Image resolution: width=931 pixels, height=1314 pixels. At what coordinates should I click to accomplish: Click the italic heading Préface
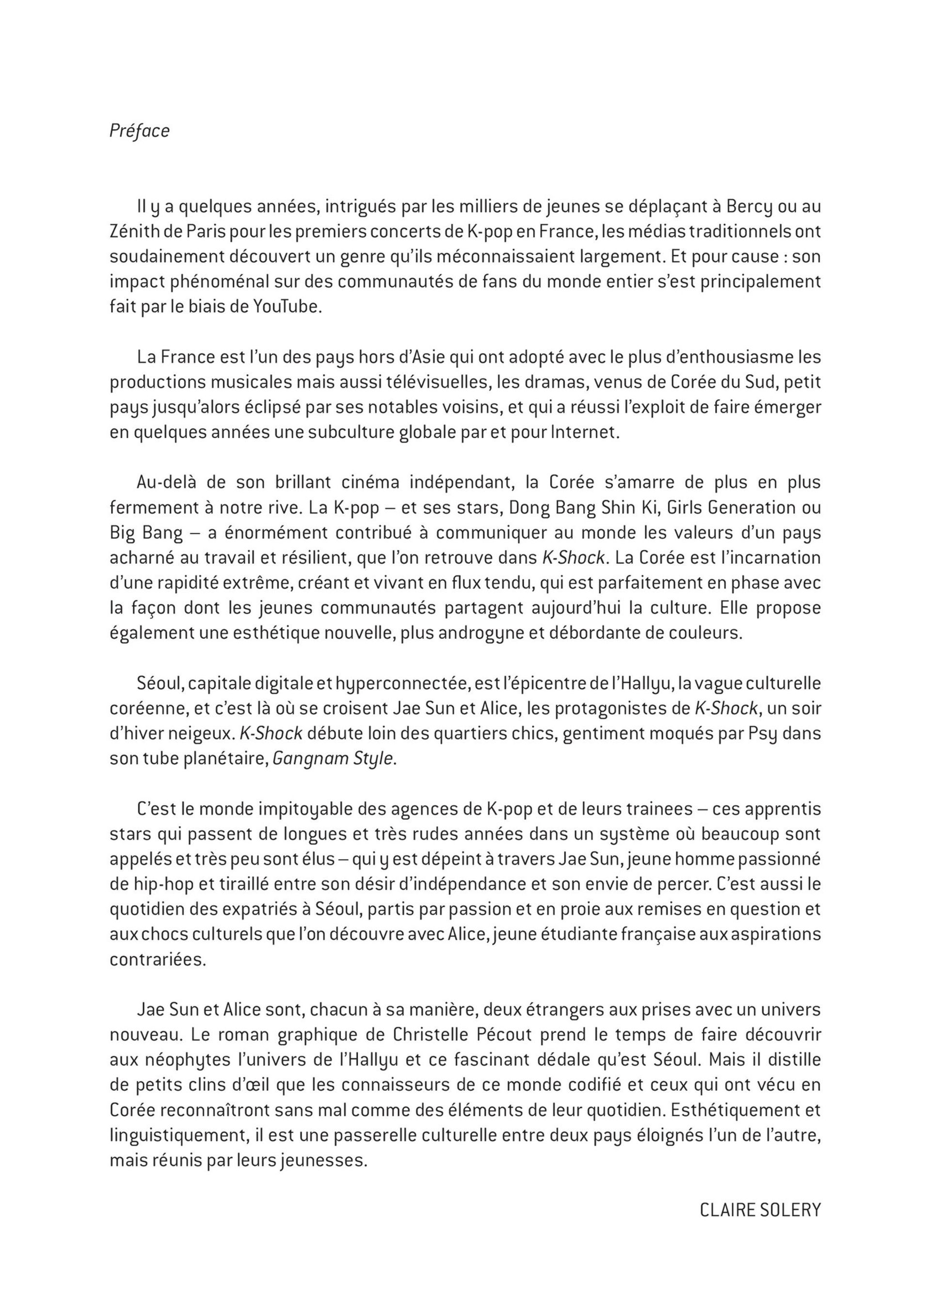[139, 131]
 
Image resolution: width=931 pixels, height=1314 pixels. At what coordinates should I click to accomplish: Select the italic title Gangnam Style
[333, 759]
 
